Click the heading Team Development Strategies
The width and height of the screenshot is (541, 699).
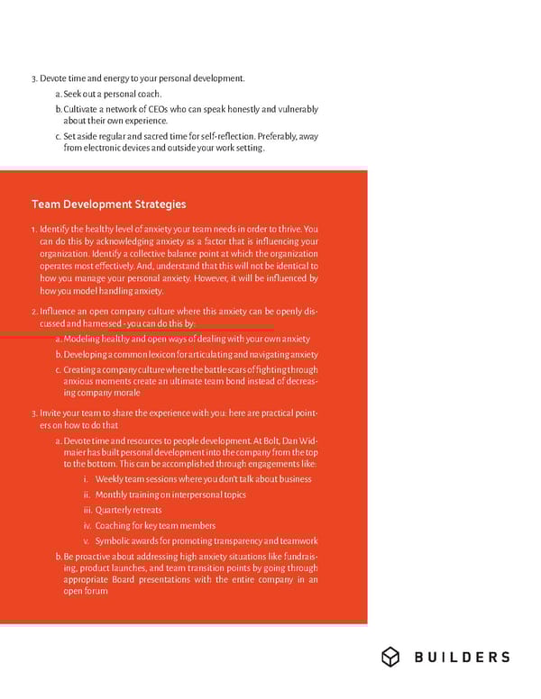tap(108, 204)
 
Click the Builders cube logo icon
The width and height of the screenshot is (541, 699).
tap(390, 657)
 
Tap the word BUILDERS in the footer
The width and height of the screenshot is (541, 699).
tap(462, 658)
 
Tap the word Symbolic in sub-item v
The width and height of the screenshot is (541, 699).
tap(115, 540)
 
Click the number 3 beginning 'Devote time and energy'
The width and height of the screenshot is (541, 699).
tap(33, 78)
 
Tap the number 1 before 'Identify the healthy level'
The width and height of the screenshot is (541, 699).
tap(33, 229)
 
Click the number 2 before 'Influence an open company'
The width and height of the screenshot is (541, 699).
tap(33, 311)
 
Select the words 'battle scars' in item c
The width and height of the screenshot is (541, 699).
tap(237, 369)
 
